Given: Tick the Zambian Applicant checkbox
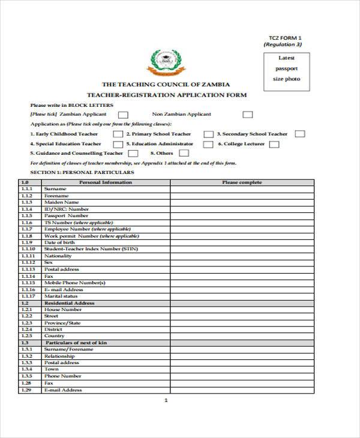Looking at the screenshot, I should click(x=123, y=114).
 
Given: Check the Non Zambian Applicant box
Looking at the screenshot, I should click(x=247, y=114).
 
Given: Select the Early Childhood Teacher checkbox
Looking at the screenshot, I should click(x=118, y=134).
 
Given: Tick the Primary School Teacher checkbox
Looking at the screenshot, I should click(x=208, y=134).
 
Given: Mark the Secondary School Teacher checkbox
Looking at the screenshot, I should click(x=299, y=134).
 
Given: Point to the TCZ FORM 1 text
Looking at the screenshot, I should click(x=281, y=37).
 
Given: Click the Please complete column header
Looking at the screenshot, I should click(x=242, y=182).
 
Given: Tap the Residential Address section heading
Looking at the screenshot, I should click(x=69, y=303).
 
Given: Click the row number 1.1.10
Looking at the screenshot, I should click(x=28, y=248).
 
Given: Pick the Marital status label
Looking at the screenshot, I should click(x=61, y=296).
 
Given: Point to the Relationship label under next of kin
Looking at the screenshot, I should click(x=59, y=356).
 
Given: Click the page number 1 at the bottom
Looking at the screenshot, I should click(x=166, y=400).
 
